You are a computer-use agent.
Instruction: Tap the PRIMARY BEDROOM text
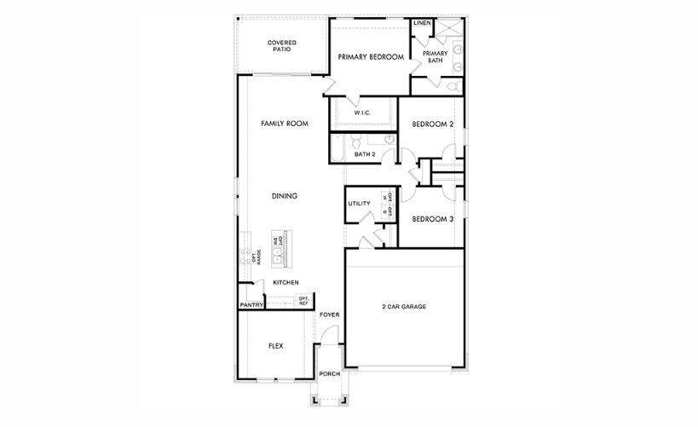[x=371, y=57]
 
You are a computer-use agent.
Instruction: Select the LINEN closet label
[x=422, y=23]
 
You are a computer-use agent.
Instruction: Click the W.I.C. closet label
[x=362, y=112]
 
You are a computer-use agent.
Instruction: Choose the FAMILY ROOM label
[x=284, y=124]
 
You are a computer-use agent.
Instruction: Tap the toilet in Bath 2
[x=358, y=141]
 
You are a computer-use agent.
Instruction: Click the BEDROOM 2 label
[x=432, y=124]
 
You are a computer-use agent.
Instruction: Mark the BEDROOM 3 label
[x=432, y=219]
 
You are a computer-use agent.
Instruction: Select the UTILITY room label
[x=359, y=204]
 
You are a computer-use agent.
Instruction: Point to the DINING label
[x=284, y=196]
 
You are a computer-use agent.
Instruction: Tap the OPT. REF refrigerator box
[x=303, y=300]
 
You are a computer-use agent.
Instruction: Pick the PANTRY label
[x=251, y=304]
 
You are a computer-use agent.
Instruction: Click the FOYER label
[x=329, y=314]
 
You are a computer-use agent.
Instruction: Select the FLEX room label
[x=275, y=346]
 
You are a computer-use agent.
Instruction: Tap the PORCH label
[x=329, y=374]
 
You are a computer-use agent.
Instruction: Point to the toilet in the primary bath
[x=452, y=87]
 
